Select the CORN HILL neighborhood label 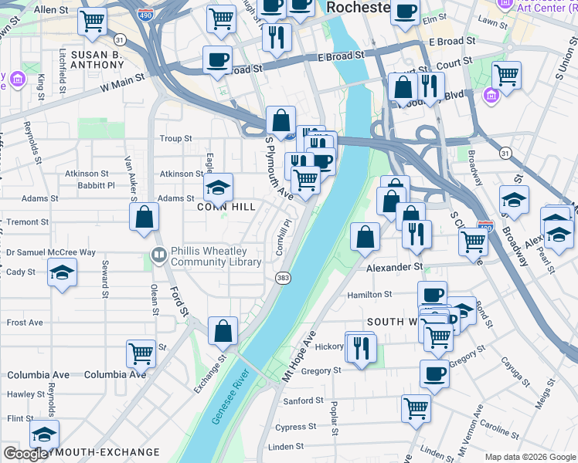click(226, 207)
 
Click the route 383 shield click(283, 277)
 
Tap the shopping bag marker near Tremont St click(144, 217)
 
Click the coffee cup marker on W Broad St click(217, 59)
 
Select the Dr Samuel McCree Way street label click(51, 252)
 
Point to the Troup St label click(175, 139)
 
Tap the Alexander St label click(394, 267)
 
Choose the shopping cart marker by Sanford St click(416, 407)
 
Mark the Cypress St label click(291, 427)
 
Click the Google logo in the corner click(25, 454)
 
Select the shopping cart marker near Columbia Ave click(141, 353)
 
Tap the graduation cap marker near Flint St click(44, 434)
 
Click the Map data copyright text click(530, 457)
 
